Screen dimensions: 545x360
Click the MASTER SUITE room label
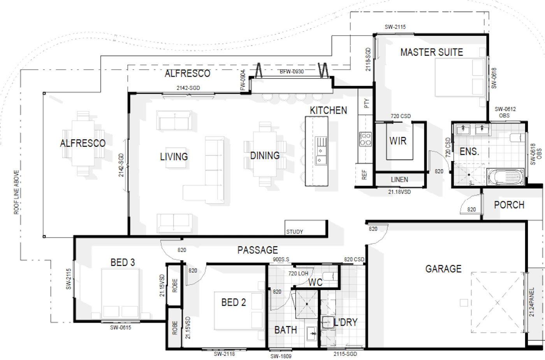[432, 52]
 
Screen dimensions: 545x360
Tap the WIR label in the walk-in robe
[398, 141]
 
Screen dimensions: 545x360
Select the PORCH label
[509, 205]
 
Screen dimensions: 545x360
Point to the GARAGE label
[443, 269]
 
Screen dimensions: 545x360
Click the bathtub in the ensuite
[506, 177]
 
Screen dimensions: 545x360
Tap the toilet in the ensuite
[517, 138]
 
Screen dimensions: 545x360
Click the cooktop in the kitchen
[365, 139]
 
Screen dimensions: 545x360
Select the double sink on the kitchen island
[321, 151]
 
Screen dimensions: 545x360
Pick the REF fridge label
[364, 175]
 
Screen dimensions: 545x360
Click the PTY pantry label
[366, 104]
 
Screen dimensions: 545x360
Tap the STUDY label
[295, 232]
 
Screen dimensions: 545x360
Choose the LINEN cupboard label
[399, 179]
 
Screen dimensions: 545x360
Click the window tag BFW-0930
[292, 72]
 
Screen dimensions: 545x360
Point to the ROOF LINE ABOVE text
[16, 192]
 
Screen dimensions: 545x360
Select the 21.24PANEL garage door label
[532, 302]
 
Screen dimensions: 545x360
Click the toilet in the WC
[331, 276]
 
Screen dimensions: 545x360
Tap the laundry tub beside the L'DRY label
[327, 322]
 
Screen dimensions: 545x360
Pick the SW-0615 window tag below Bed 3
[120, 328]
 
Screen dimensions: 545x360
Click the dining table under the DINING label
[265, 154]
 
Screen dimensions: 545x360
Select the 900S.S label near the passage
[281, 260]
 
